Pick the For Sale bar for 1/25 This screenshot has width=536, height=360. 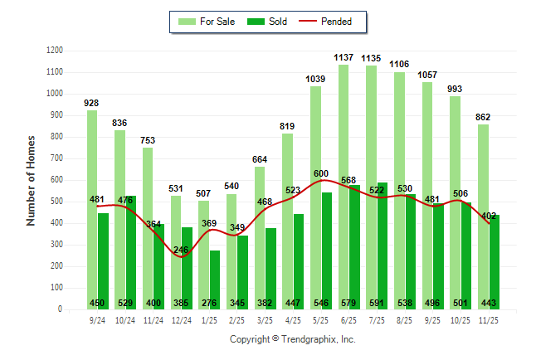pyautogui.click(x=203, y=265)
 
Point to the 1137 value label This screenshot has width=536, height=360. pyautogui.click(x=344, y=58)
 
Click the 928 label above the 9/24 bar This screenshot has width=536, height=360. pyautogui.click(x=91, y=103)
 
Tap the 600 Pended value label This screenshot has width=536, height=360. pyautogui.click(x=321, y=173)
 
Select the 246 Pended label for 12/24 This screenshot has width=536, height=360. pyautogui.click(x=181, y=250)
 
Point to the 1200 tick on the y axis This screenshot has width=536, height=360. pyautogui.click(x=54, y=51)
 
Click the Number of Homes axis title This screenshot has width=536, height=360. pyautogui.click(x=31, y=180)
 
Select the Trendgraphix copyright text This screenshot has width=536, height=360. pyautogui.click(x=292, y=340)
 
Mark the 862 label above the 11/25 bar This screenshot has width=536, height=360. pyautogui.click(x=483, y=117)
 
